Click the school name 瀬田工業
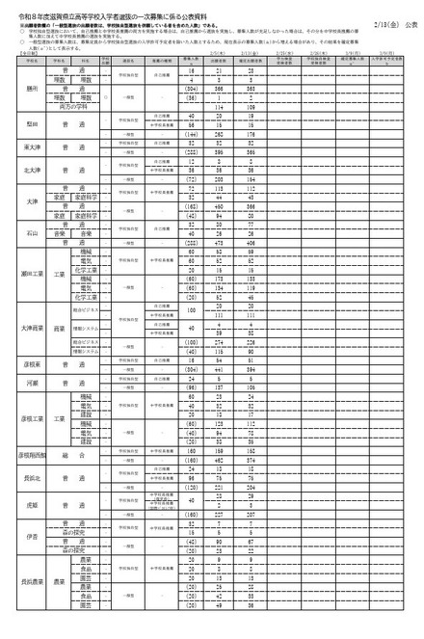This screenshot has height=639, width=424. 31,274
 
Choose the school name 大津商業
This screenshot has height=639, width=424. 31,328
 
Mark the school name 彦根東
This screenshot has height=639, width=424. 31,366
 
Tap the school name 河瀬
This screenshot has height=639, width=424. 31,383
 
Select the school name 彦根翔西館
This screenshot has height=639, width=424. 31,453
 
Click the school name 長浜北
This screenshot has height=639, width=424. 31,475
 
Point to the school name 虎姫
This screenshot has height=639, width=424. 31,502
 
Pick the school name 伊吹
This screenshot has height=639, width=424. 31,536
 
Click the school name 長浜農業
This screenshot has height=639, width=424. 31,581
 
